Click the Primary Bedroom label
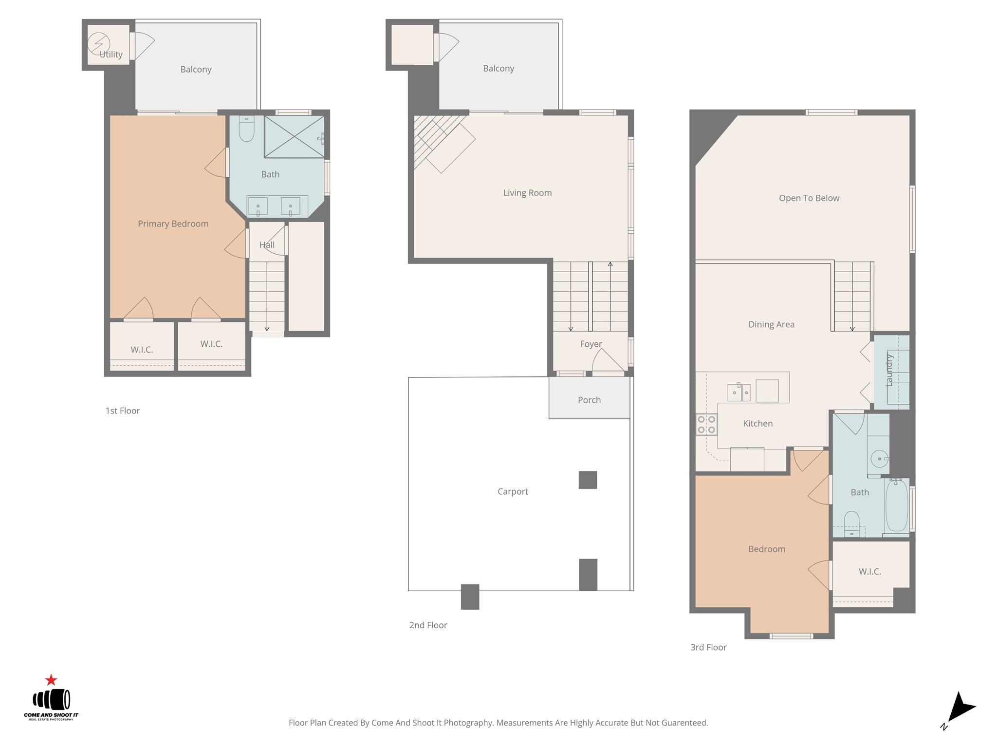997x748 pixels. pos(173,224)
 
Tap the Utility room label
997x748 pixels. pos(111,55)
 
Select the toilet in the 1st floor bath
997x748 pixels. pos(247,129)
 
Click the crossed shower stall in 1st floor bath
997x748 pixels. pos(294,136)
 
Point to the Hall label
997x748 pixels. pos(267,245)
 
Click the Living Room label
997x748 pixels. pos(527,193)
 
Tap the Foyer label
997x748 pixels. pos(591,344)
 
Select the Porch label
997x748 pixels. pos(589,400)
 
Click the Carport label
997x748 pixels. pos(512,491)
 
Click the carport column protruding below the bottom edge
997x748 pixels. pos(470,597)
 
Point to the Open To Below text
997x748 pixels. pos(809,198)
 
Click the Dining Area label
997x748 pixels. pos(771,324)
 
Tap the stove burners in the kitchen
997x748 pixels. pos(706,424)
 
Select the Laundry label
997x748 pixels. pos(889,370)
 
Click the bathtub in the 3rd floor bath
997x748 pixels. pos(896,505)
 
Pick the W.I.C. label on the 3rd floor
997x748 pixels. pos(869,572)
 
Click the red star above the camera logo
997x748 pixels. pos(51,680)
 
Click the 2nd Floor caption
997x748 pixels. pos(428,625)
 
